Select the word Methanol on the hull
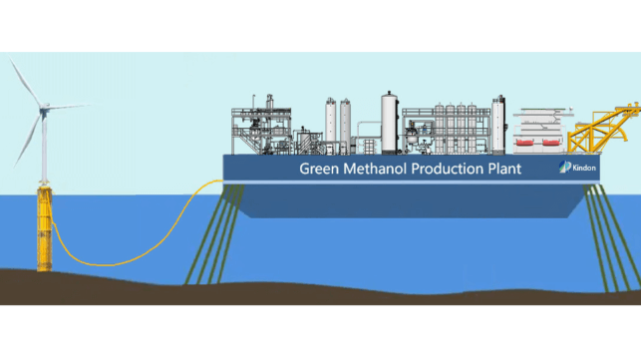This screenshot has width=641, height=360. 375,169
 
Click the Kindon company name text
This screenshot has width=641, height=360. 584,168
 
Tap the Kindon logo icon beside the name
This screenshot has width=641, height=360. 564,167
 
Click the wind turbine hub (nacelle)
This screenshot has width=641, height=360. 44,108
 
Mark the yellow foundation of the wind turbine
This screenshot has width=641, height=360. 44,227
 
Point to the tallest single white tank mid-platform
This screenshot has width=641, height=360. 389,123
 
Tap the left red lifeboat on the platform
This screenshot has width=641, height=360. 525,143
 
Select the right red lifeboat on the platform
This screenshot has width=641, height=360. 550,143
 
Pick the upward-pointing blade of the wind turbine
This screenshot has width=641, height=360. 25,82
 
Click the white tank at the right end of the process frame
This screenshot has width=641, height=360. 498,125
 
